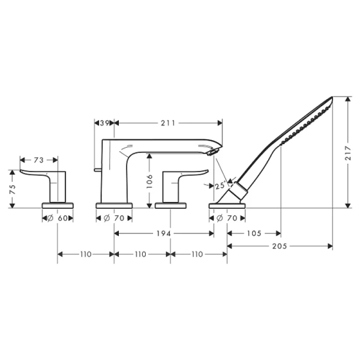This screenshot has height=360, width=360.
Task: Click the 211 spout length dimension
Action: click(168, 123)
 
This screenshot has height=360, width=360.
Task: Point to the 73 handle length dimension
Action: click(38, 160)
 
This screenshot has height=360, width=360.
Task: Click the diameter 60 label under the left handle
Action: click(57, 218)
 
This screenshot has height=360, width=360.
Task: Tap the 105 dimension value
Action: click(254, 233)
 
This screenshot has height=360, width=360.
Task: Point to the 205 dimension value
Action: click(280, 246)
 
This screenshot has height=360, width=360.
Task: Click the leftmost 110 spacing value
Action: click(85, 254)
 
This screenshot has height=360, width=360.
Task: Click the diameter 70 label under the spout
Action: click(114, 218)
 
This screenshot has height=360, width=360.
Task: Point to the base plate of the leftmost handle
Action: click(58, 206)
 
